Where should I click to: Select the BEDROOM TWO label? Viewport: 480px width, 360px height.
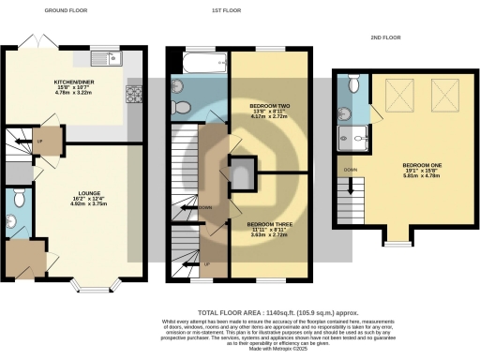[x=269, y=106]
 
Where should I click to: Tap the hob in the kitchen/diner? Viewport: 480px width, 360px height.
[x=132, y=94]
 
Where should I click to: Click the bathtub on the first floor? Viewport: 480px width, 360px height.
[x=200, y=63]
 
